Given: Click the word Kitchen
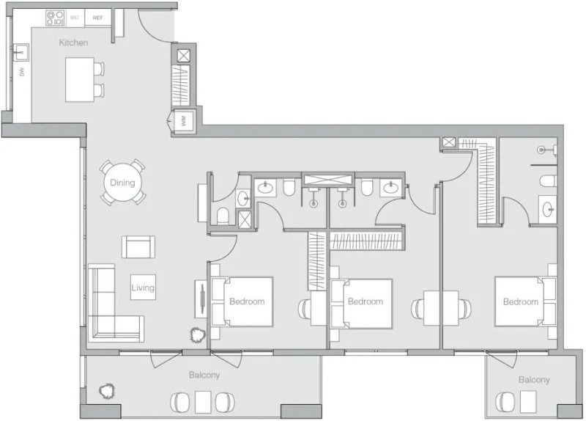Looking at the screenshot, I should (73, 43).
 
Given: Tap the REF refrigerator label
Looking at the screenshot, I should (97, 17).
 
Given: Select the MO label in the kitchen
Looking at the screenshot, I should (74, 17).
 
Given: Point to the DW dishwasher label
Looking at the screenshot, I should (23, 71).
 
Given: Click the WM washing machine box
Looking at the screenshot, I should (180, 121).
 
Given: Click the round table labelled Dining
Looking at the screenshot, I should (122, 182).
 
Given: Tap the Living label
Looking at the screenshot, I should (143, 288).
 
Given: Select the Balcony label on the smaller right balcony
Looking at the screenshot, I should (533, 379).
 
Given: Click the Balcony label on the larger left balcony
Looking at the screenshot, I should (204, 375).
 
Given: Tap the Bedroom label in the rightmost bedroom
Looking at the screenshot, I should (520, 301).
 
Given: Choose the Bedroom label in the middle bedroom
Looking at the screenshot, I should (365, 301).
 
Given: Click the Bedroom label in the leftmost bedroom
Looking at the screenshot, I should (246, 301).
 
